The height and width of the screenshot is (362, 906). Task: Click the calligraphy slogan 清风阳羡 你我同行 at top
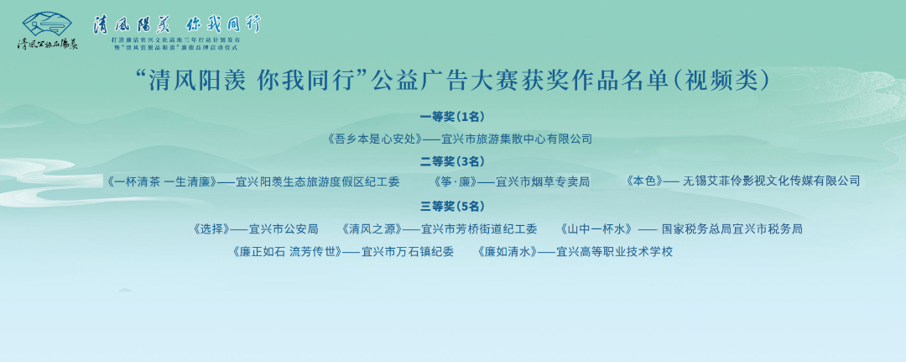[176, 24]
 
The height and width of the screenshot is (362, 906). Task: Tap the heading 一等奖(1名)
[452, 117]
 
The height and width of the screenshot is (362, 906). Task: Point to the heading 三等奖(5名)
[452, 206]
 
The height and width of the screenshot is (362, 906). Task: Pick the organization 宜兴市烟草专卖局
[543, 181]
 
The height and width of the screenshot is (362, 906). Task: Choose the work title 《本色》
[644, 181]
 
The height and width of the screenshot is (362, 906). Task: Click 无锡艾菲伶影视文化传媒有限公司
[771, 181]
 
